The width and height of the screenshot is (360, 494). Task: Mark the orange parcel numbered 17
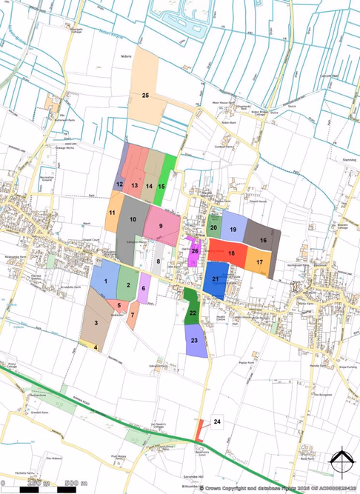(x=259, y=261)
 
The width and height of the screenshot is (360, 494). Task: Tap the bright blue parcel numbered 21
(x=216, y=280)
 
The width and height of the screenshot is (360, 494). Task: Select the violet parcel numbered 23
(x=195, y=341)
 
